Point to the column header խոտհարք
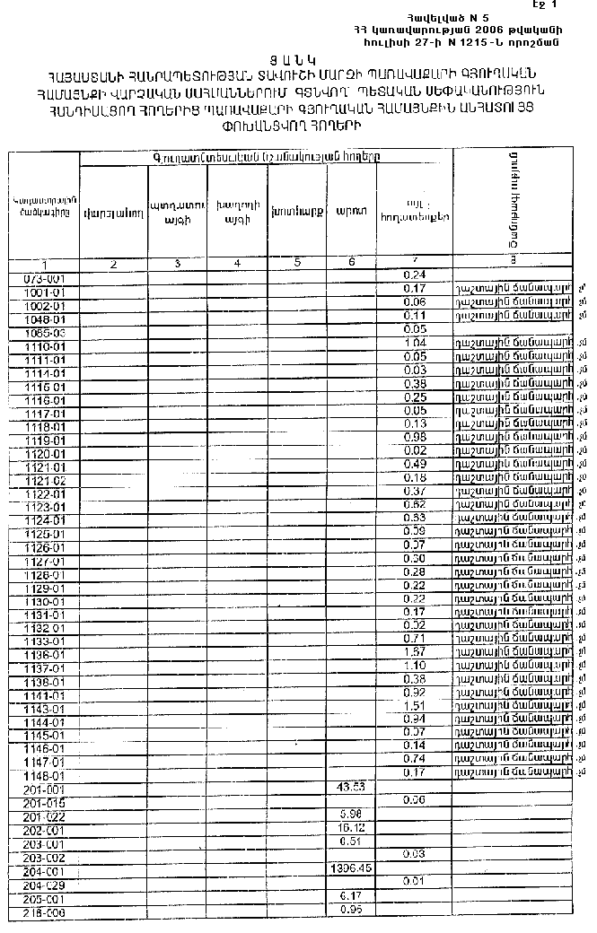click(297, 214)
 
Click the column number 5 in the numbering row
click(297, 263)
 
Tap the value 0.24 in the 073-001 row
click(415, 274)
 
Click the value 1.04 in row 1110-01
click(415, 344)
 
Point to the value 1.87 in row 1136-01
click(415, 652)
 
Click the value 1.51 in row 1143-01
click(415, 706)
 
